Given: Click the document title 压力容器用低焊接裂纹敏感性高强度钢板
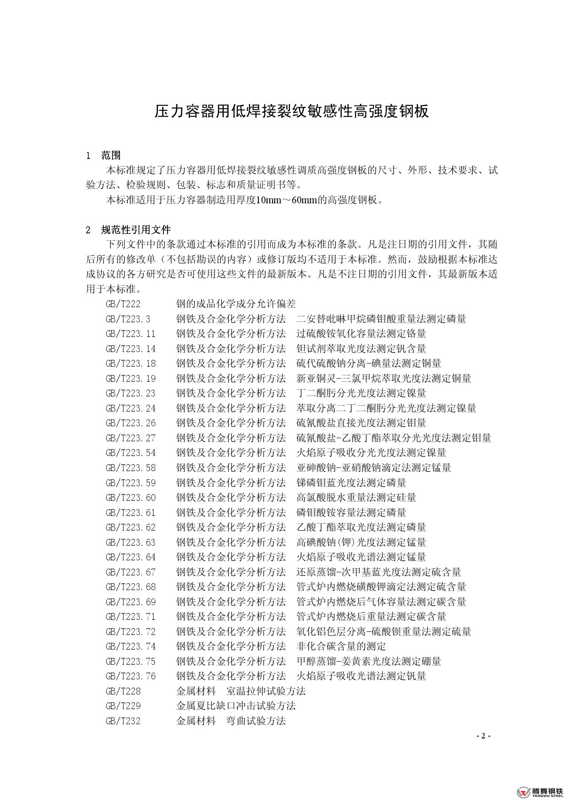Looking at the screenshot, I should (291, 111).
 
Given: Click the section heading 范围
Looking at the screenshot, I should (110, 156).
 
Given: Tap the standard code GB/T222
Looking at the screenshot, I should (123, 304).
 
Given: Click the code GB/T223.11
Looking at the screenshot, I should (131, 334).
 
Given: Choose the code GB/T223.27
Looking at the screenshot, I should (131, 438).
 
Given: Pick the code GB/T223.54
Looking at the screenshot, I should (131, 453).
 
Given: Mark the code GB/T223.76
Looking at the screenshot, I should (131, 676).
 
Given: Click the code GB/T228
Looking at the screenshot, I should (123, 691).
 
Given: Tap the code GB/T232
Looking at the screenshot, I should (123, 721).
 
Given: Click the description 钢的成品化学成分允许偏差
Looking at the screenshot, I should (236, 304).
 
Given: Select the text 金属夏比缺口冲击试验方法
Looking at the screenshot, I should (236, 706).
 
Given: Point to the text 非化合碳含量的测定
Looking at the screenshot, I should (341, 646).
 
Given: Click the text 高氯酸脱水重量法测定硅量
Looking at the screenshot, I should (356, 498).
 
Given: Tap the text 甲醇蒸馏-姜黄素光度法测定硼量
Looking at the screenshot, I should (368, 662).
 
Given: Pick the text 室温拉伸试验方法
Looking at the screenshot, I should (266, 691).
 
